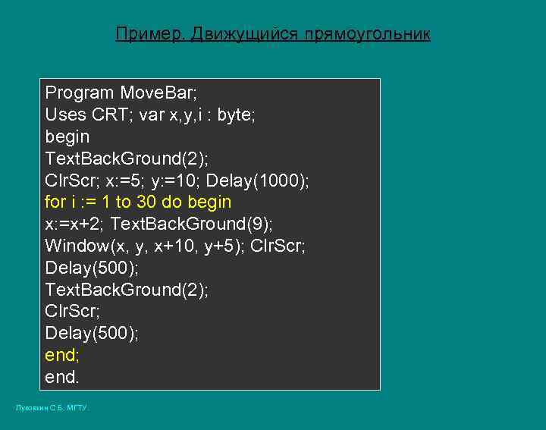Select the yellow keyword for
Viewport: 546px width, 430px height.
pos(55,202)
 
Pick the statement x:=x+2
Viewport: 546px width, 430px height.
pos(75,224)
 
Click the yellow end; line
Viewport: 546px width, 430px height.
pos(62,355)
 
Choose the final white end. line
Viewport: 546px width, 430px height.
pos(62,377)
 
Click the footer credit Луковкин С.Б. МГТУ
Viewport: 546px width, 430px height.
pos(52,408)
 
